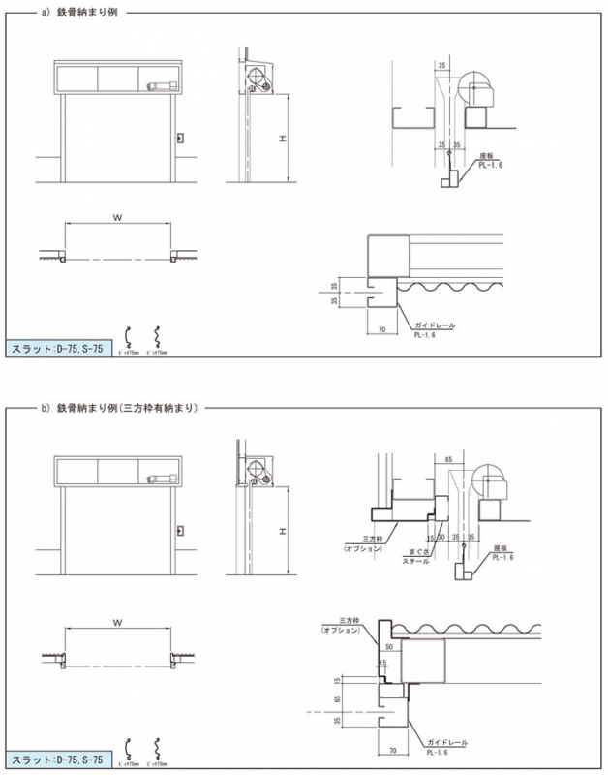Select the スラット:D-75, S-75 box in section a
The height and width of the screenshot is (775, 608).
click(x=58, y=349)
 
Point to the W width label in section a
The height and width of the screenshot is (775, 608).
click(x=116, y=219)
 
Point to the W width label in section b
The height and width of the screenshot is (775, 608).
click(x=116, y=620)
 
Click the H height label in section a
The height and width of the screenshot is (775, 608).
click(x=281, y=139)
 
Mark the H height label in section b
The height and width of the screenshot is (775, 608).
click(x=281, y=532)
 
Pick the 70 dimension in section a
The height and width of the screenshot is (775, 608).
click(x=383, y=330)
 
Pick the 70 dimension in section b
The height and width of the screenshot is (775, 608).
click(x=392, y=749)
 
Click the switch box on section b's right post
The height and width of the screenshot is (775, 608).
click(x=179, y=528)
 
